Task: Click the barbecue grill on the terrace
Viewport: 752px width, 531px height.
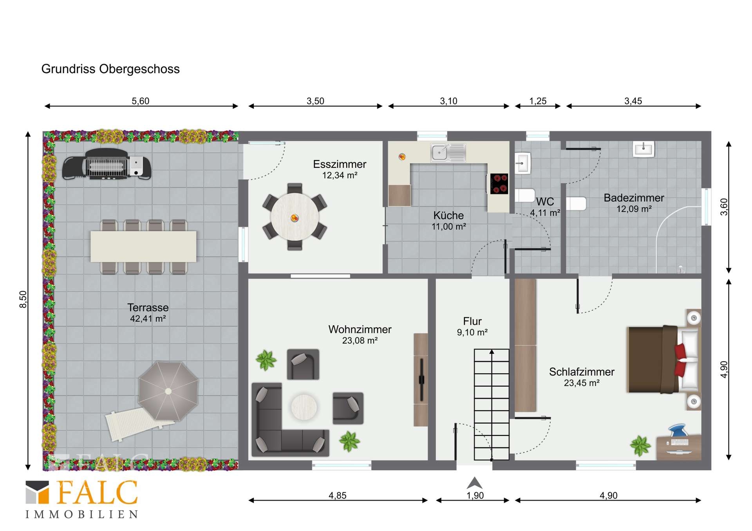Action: (107, 164)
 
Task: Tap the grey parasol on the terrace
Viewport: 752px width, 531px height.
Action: (168, 391)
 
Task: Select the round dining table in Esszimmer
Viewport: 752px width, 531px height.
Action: (295, 217)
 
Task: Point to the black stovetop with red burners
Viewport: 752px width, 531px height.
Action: (499, 184)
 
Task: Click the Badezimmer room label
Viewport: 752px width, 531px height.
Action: (634, 198)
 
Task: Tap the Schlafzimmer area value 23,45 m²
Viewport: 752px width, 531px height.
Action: (582, 383)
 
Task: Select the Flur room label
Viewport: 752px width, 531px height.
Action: (472, 321)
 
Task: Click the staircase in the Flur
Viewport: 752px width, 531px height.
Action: (492, 404)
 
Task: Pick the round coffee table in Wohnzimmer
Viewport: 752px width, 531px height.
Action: (304, 407)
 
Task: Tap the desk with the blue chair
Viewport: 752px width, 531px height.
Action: (679, 444)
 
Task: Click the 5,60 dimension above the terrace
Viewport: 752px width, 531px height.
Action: (141, 101)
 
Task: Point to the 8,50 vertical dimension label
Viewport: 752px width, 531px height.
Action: (23, 299)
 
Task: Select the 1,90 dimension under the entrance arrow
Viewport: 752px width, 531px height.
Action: (475, 496)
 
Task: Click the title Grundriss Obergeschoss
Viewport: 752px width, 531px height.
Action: (110, 69)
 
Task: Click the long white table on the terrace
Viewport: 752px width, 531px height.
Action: (143, 247)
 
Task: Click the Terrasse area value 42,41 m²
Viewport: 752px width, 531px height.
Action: (148, 319)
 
